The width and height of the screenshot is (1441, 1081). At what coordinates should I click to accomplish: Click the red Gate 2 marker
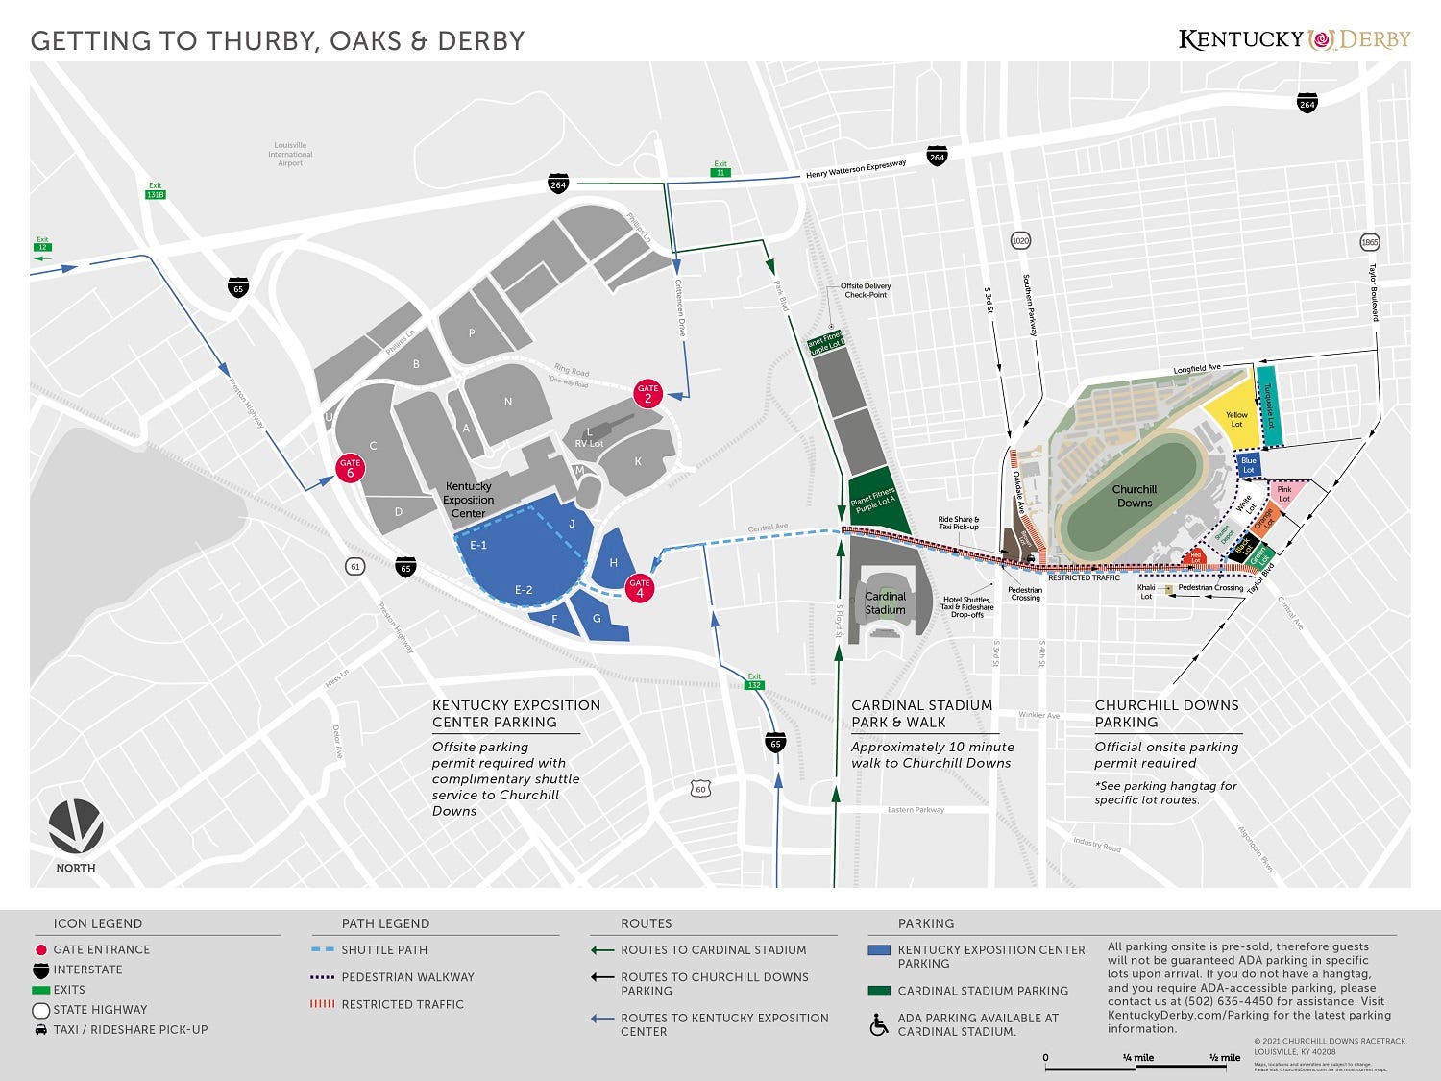click(647, 394)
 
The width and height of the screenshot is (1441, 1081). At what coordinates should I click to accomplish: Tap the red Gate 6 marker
click(350, 468)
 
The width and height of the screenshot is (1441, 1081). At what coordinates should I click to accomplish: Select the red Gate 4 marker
click(640, 588)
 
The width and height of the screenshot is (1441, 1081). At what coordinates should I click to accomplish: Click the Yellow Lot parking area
click(1234, 420)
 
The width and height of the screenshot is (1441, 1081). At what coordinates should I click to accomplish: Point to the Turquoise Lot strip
click(1268, 406)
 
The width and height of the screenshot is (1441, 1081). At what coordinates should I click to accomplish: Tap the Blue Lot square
click(1248, 465)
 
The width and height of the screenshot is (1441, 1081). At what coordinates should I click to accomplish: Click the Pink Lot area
click(1286, 494)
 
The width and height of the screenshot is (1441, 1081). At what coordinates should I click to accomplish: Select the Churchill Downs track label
click(1134, 496)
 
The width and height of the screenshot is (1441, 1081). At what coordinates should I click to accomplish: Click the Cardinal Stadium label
click(885, 602)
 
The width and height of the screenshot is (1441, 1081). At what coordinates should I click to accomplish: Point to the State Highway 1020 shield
click(1020, 240)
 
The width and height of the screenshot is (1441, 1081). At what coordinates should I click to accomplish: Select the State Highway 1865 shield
click(1370, 242)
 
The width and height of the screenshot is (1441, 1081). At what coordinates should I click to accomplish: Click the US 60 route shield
click(700, 789)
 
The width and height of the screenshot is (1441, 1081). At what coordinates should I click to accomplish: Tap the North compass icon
click(76, 826)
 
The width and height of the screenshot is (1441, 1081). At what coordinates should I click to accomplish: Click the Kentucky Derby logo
click(1294, 39)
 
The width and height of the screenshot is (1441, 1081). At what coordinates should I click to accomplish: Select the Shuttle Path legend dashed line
click(323, 950)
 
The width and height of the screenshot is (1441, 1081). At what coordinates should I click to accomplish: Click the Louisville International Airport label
click(290, 154)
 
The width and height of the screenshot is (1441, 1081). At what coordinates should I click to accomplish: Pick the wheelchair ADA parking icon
click(879, 1025)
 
